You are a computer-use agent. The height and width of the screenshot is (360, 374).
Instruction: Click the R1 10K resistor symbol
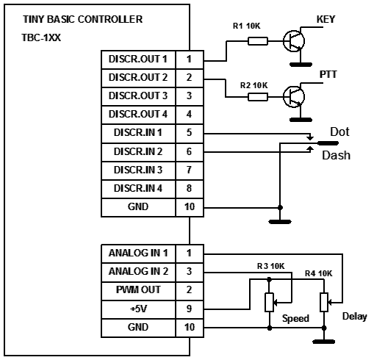click(258, 41)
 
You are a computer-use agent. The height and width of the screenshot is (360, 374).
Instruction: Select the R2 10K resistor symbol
click(258, 97)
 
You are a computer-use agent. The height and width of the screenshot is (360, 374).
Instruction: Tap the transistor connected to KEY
click(294, 41)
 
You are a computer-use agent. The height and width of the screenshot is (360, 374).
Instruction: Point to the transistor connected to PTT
click(294, 97)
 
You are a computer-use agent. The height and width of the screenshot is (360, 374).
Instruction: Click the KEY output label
click(326, 19)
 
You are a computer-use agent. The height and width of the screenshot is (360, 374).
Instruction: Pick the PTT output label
click(328, 74)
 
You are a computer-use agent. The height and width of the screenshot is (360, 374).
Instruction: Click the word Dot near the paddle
click(339, 132)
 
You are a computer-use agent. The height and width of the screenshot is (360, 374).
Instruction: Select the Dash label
click(336, 155)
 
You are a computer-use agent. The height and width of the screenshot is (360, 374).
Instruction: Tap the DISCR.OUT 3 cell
click(138, 96)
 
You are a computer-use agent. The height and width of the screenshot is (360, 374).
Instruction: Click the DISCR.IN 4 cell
click(138, 189)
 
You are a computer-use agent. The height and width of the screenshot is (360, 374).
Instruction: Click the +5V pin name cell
click(138, 309)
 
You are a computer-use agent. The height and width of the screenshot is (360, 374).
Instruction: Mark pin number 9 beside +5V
click(189, 309)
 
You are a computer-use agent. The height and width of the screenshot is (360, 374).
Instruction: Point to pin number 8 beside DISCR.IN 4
click(189, 189)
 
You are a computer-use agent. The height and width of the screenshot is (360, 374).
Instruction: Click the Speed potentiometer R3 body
click(270, 303)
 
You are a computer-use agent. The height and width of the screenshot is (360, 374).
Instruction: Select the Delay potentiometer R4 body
click(324, 303)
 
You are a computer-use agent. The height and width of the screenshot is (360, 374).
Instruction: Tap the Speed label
click(295, 319)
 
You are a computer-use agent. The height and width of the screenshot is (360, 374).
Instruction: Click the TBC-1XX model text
click(41, 37)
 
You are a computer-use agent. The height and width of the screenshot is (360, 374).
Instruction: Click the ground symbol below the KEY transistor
click(301, 65)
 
